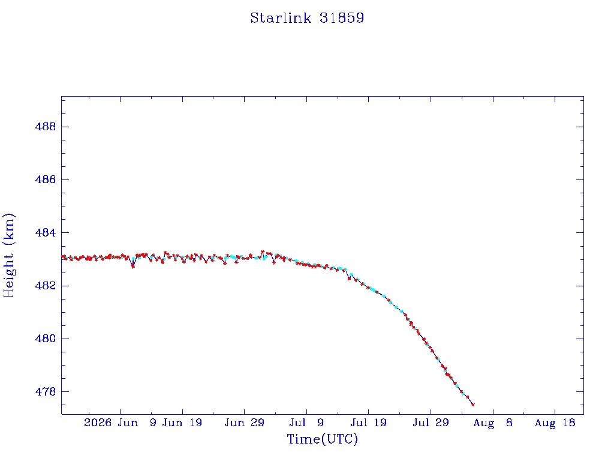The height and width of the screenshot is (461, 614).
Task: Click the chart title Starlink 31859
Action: (308, 18)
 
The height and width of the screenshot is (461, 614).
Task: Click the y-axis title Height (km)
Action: (8, 255)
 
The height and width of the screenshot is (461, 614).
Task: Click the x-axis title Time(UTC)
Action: (322, 439)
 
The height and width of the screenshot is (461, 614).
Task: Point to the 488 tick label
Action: (46, 127)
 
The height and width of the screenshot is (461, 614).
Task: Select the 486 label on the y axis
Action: (46, 179)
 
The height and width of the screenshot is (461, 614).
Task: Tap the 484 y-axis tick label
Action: (46, 232)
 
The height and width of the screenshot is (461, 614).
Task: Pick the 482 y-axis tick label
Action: (46, 285)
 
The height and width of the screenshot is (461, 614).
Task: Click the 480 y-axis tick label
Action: (46, 339)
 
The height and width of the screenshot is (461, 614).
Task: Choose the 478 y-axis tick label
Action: (46, 391)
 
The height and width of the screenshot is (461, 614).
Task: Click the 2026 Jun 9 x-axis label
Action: (120, 423)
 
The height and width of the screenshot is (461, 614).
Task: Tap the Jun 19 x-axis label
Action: (182, 423)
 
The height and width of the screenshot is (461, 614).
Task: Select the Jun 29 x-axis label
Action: (245, 423)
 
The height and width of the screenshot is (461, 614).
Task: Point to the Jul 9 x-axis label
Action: (306, 423)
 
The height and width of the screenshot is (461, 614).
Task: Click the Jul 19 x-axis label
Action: (369, 423)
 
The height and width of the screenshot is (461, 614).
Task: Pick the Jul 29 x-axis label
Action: (431, 423)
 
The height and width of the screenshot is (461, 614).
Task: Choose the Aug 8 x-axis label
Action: (493, 423)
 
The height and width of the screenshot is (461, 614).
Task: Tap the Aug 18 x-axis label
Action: (555, 423)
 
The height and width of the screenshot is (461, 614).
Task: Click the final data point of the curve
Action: (473, 405)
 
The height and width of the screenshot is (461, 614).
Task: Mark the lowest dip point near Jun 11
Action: (133, 267)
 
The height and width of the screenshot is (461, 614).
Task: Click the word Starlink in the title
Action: (281, 18)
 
